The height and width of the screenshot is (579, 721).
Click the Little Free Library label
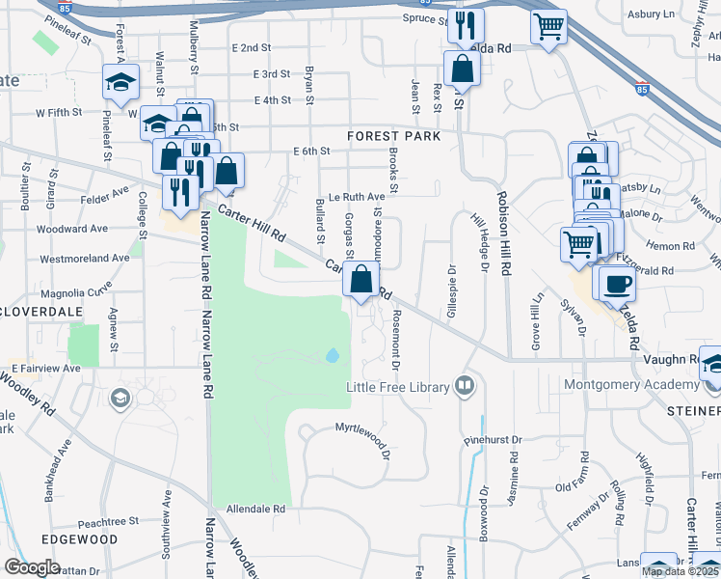pos(398,387)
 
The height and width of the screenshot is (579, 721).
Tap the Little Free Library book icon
pos(465,386)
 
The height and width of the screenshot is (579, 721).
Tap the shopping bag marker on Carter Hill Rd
pos(360,281)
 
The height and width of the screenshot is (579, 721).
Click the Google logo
pos(32,566)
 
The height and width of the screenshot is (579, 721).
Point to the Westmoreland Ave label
pos(85,258)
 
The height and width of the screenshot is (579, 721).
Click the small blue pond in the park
pos(333,355)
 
